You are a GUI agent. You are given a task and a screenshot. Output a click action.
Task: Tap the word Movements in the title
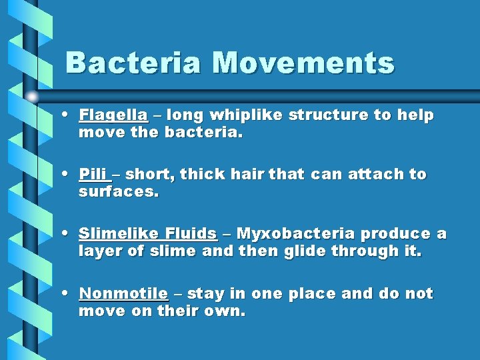(303, 63)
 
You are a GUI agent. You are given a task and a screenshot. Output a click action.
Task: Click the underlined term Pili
(93, 175)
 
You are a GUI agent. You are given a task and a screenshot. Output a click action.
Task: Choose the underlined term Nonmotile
(123, 294)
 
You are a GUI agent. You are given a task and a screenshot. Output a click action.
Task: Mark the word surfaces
(117, 193)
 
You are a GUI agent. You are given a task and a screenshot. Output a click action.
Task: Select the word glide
(305, 252)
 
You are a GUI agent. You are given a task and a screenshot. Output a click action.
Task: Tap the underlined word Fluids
(191, 234)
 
